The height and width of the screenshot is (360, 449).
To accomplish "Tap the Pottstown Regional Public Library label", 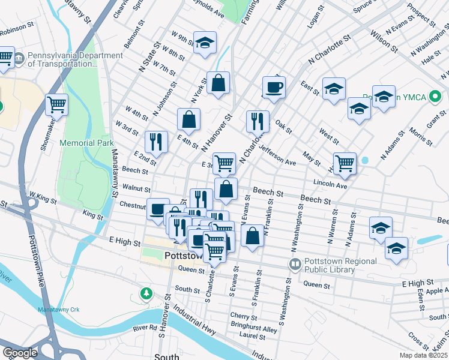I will click(x=341, y=265).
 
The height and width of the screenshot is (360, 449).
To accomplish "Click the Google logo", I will click(x=20, y=352).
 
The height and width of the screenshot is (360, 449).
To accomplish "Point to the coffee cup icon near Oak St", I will click(x=274, y=87).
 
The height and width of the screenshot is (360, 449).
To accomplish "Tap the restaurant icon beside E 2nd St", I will click(x=156, y=142).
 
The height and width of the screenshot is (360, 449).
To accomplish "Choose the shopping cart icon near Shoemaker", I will click(x=56, y=105).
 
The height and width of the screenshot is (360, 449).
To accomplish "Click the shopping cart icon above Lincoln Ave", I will click(x=345, y=163).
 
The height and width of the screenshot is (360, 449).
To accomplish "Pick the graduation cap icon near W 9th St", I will click(x=205, y=43).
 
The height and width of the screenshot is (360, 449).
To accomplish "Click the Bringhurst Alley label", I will click(x=255, y=329).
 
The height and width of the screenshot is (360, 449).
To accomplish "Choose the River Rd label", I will click(x=145, y=328).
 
